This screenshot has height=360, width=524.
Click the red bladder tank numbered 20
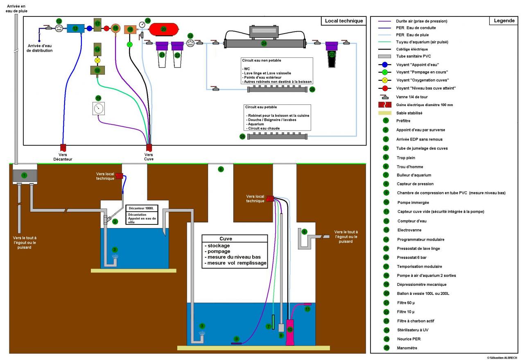(164, 29)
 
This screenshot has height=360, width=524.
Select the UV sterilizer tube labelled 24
(264, 43)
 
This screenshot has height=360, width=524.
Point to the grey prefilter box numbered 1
(25, 175)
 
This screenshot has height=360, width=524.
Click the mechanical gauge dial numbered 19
(98, 108)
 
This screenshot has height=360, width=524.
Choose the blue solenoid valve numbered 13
(75, 28)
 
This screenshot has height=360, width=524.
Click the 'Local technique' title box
(343, 21)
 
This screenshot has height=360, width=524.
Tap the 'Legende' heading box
(504, 21)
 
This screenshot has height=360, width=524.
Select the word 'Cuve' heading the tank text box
(226, 239)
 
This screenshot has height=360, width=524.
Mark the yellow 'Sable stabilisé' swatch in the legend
(385, 113)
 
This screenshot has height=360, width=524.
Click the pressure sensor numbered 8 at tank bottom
(236, 343)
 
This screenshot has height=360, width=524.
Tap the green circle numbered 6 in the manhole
(221, 169)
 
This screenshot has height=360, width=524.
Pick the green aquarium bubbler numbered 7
(273, 322)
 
